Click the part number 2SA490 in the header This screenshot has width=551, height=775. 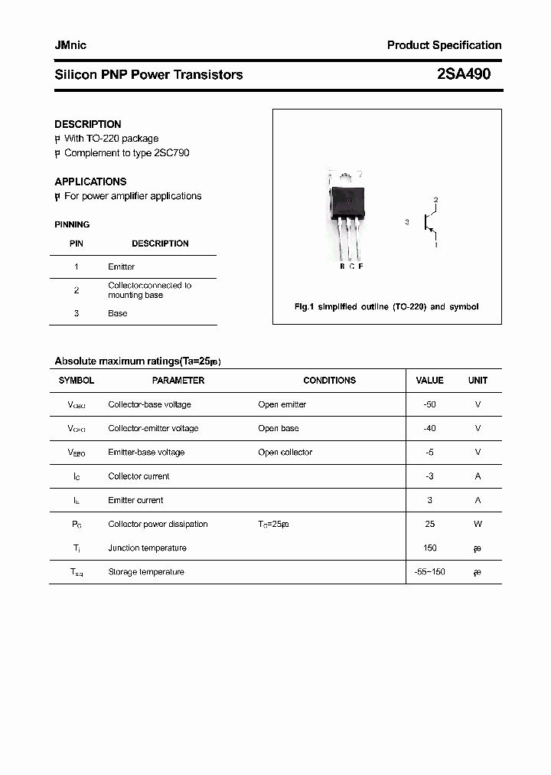click(464, 74)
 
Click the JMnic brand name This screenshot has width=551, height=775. click(70, 45)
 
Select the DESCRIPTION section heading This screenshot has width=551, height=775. click(88, 124)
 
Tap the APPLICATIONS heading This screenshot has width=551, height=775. click(90, 181)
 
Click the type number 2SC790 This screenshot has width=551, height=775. click(171, 152)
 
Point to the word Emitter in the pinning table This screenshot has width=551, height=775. click(122, 267)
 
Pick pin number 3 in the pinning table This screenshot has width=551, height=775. click(77, 313)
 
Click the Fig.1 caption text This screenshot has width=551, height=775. click(386, 306)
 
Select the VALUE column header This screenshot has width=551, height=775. click(429, 381)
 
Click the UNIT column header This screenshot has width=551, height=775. click(478, 381)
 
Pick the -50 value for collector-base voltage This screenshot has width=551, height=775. click(429, 404)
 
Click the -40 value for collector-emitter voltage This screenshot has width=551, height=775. click(429, 428)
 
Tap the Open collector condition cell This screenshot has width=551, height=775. click(285, 453)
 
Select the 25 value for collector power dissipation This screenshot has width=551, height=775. click(430, 524)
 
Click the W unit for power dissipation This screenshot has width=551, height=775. click(478, 524)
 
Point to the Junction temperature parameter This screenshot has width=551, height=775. click(148, 548)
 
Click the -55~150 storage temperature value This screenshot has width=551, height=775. click(429, 572)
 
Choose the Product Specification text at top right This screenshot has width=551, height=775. click(444, 45)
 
